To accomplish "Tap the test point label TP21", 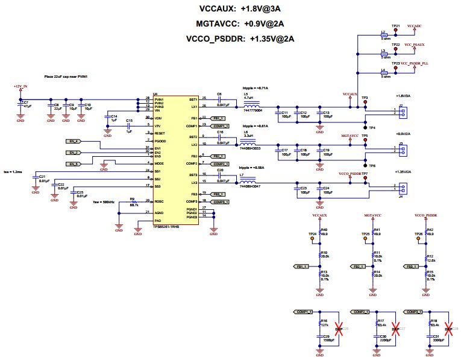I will pos(395,27).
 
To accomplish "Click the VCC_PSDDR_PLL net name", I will pos(415,63).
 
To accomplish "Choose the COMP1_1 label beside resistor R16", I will pos(304,312).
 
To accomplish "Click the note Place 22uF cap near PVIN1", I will pos(66,77).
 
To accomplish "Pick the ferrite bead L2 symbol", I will pos(383,35).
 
